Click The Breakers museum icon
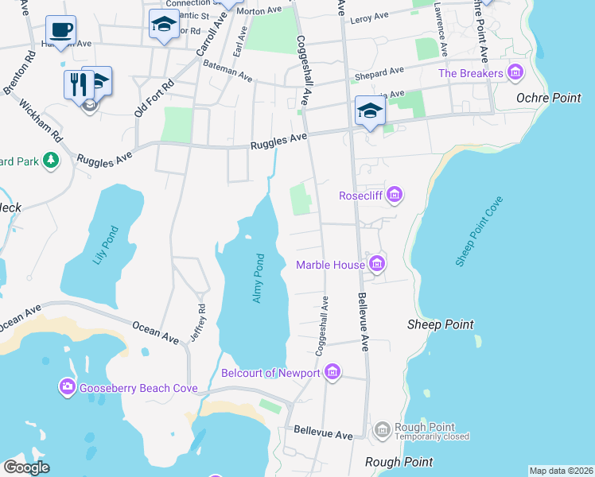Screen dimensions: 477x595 coord(515,74)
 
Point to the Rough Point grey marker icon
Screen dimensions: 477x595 coord(383,430)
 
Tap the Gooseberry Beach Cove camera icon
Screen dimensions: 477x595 coord(67,387)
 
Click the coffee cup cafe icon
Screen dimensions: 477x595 coord(60,30)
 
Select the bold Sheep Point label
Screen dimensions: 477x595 coord(440,324)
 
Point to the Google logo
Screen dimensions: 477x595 coord(26,467)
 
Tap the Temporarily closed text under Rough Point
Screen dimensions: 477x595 coord(433,436)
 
